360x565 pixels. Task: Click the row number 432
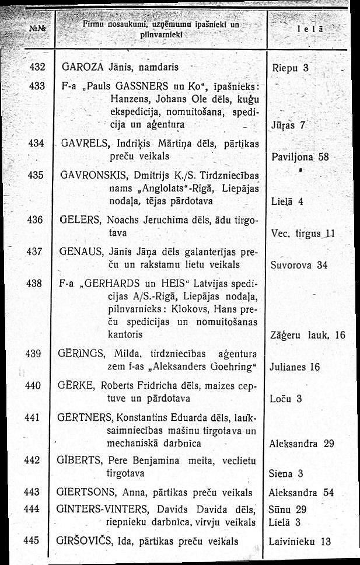click(x=37, y=66)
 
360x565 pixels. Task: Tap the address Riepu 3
click(x=290, y=66)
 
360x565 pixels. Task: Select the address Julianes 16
click(x=295, y=367)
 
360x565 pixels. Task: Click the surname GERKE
click(x=75, y=385)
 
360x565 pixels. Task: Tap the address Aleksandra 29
click(x=302, y=444)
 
